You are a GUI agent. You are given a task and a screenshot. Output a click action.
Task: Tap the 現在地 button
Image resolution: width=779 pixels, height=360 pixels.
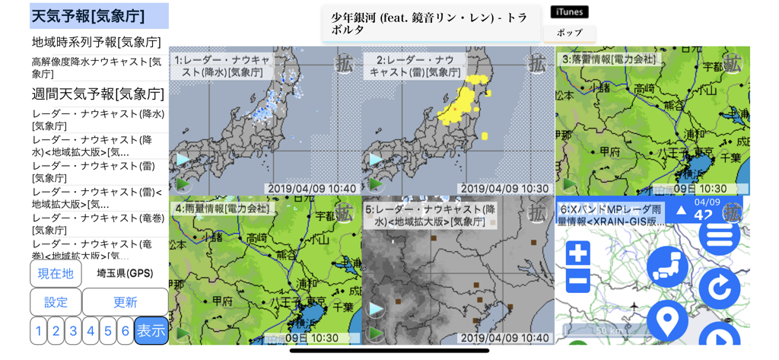[x=56, y=273]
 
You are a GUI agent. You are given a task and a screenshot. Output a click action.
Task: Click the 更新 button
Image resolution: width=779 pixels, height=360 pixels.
[x=125, y=302]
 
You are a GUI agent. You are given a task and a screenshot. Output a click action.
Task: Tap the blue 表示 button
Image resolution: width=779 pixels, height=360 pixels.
[x=151, y=330]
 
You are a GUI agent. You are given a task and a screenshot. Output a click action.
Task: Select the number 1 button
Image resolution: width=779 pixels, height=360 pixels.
[x=38, y=330]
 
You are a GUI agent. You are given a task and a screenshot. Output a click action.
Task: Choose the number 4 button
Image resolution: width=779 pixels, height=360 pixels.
[x=91, y=330]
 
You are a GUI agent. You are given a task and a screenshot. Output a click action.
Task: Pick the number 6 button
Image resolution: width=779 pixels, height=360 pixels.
[x=126, y=330]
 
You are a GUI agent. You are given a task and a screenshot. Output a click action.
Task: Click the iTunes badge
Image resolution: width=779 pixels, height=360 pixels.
[x=569, y=12]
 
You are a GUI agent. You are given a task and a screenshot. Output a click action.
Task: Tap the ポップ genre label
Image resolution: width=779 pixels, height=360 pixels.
[x=569, y=33]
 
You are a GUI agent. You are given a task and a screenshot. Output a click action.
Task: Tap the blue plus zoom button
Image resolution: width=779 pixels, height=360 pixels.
[x=578, y=253]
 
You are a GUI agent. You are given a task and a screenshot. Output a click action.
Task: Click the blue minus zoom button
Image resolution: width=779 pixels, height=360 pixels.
[x=578, y=280]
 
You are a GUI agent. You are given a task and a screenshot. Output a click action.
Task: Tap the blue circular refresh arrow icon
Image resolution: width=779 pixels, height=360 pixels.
[x=719, y=288]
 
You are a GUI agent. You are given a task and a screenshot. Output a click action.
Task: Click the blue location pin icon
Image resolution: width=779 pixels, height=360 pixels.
[x=667, y=320]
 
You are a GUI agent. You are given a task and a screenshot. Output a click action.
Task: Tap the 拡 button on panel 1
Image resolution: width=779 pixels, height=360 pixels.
[x=345, y=62]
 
